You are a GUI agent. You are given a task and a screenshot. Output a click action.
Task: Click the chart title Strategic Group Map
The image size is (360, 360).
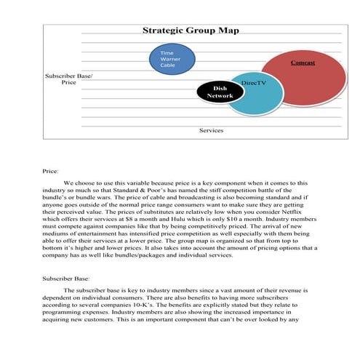[x=190, y=31]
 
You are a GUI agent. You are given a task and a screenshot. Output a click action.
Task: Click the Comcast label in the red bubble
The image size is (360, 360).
[x=303, y=63]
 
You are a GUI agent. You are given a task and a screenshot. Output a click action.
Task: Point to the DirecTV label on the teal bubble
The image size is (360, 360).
[x=253, y=84]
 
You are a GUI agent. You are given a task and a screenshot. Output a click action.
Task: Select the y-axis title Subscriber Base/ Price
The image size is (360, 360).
[x=69, y=79]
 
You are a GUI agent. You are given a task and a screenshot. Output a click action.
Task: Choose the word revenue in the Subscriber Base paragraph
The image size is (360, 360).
[x=293, y=289]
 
